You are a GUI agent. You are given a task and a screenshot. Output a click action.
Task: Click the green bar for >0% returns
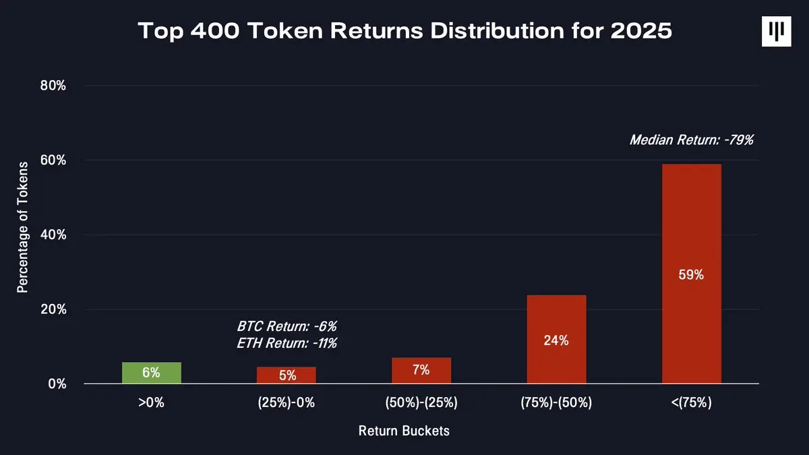(151, 373)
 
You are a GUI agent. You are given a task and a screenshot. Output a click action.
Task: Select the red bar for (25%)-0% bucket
(286, 375)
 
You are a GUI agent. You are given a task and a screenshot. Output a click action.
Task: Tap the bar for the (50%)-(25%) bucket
(421, 371)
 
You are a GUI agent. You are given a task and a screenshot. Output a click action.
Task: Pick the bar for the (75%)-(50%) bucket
(556, 339)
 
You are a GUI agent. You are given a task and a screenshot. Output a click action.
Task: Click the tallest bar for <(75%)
(691, 274)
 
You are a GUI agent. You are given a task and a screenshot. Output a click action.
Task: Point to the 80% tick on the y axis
(53, 86)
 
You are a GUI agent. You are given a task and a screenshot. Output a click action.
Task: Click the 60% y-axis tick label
(53, 160)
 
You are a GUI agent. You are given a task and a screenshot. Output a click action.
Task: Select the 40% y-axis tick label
(53, 235)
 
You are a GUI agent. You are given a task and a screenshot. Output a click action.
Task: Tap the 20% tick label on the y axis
(53, 310)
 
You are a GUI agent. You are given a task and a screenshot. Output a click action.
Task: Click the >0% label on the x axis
(151, 403)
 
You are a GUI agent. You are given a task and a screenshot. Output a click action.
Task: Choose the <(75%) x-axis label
(691, 403)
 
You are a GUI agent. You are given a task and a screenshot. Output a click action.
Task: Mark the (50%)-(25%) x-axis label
(421, 403)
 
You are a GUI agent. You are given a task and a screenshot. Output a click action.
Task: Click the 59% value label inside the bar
(691, 275)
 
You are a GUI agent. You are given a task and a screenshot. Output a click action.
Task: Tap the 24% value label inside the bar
(556, 340)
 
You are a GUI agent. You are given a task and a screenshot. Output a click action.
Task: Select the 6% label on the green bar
(151, 373)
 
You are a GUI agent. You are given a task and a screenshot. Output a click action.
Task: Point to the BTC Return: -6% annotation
(287, 326)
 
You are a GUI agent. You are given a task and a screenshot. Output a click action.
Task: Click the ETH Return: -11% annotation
(287, 343)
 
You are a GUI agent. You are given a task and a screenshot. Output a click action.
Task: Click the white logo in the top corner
(776, 31)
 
